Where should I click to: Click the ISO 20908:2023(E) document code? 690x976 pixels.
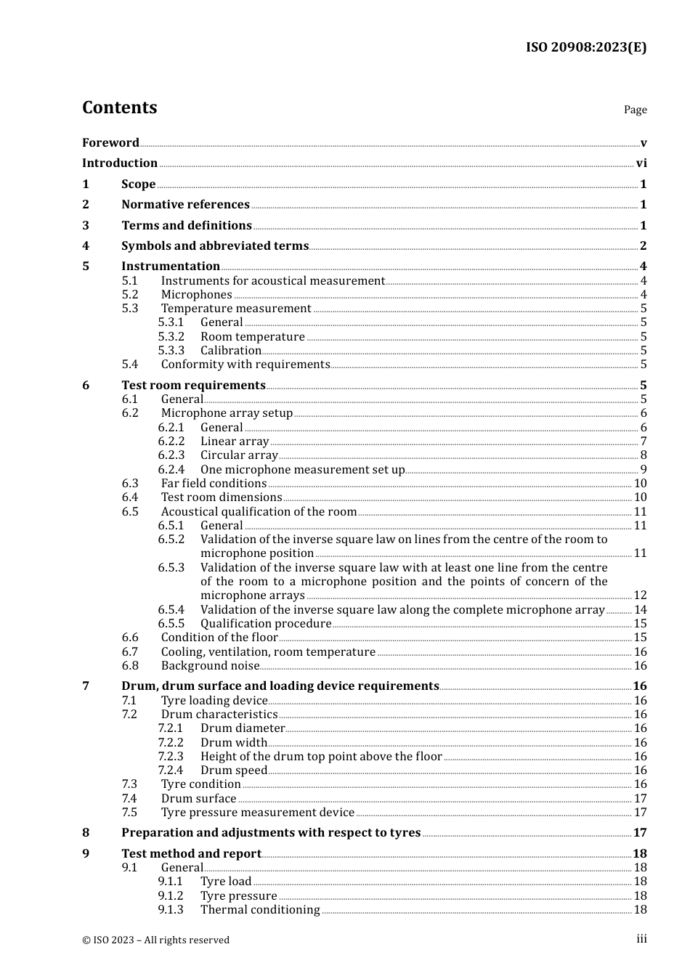pyautogui.click(x=585, y=47)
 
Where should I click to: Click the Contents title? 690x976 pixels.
pyautogui.click(x=120, y=107)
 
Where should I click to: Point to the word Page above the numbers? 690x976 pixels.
pyautogui.click(x=635, y=110)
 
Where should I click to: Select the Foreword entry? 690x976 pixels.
pyautogui.click(x=110, y=142)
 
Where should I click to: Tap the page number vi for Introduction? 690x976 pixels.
pyautogui.click(x=641, y=163)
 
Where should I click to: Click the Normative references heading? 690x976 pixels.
pyautogui.click(x=185, y=205)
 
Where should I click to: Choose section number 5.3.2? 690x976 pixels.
pyautogui.click(x=171, y=336)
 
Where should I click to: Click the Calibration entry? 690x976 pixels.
pyautogui.click(x=230, y=350)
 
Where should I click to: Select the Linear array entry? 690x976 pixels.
pyautogui.click(x=235, y=441)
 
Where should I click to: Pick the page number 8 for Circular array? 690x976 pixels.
pyautogui.click(x=644, y=455)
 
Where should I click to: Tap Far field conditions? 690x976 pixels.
pyautogui.click(x=214, y=483)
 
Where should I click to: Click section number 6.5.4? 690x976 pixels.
pyautogui.click(x=171, y=609)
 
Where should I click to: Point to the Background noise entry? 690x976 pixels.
pyautogui.click(x=210, y=665)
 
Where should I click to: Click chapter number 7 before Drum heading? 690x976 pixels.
pyautogui.click(x=86, y=686)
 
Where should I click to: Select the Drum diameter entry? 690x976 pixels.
pyautogui.click(x=243, y=728)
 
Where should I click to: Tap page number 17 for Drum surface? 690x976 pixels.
pyautogui.click(x=640, y=798)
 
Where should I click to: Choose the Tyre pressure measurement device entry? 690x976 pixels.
pyautogui.click(x=257, y=812)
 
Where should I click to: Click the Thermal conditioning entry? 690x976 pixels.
pyautogui.click(x=260, y=909)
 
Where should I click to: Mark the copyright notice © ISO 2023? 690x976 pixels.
pyautogui.click(x=155, y=940)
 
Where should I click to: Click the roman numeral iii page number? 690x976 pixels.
pyautogui.click(x=641, y=939)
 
